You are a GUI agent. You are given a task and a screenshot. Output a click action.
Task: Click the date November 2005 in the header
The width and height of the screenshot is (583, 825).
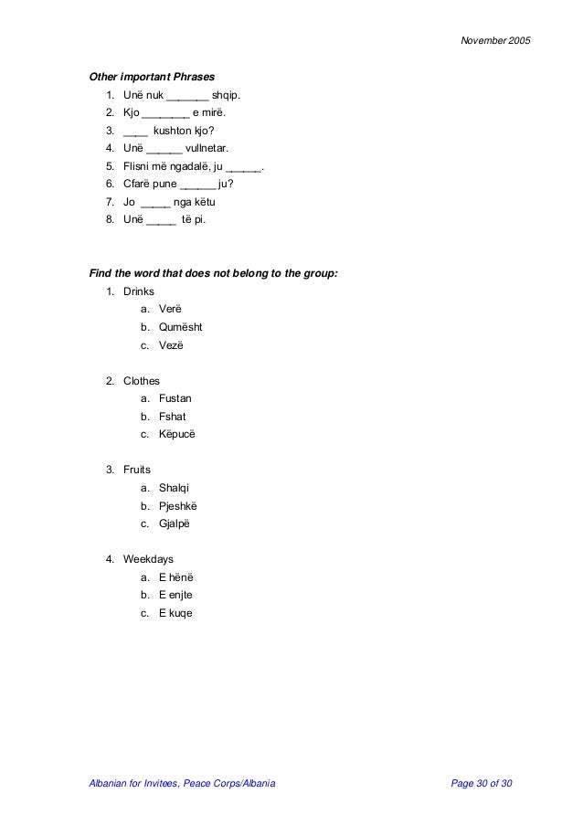click(493, 42)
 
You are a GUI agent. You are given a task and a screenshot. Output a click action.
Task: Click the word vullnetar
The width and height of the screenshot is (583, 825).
click(207, 148)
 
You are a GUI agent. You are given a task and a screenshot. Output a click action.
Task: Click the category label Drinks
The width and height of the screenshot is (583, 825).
click(140, 291)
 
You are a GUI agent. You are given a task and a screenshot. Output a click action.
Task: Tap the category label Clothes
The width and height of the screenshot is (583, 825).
click(142, 381)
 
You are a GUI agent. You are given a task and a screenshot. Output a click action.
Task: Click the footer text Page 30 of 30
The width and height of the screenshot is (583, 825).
click(489, 784)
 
